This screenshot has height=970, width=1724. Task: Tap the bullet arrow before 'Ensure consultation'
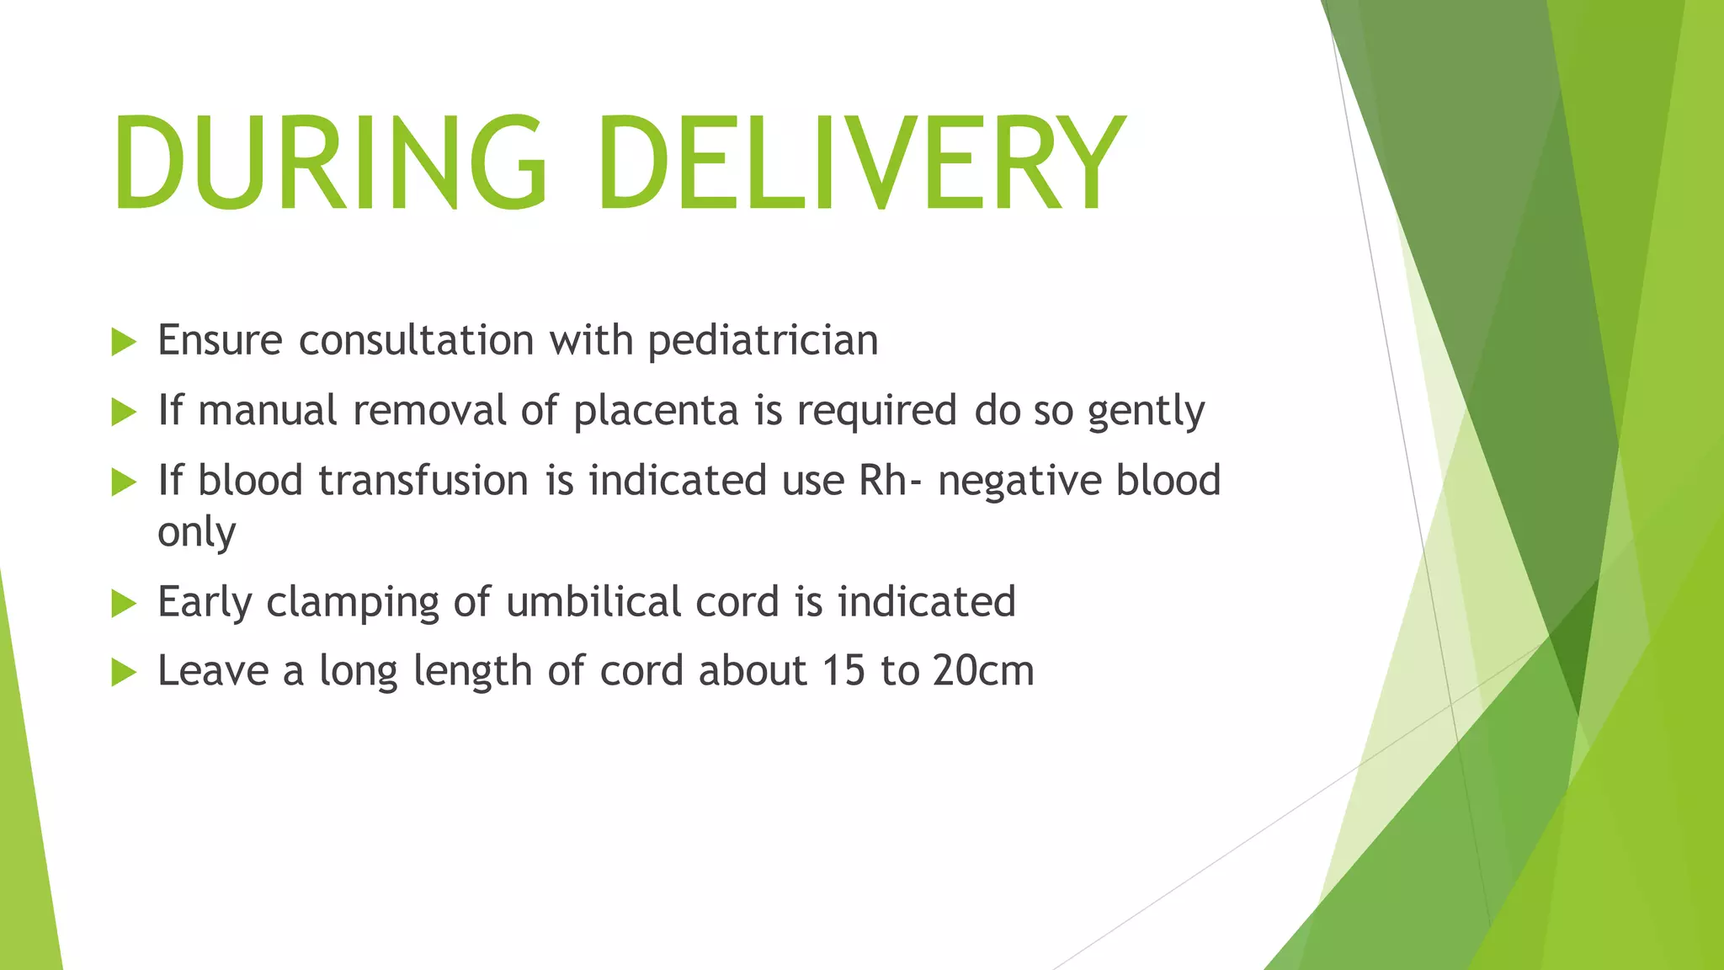point(123,343)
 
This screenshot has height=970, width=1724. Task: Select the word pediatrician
point(763,341)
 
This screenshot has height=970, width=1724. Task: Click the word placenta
point(656,411)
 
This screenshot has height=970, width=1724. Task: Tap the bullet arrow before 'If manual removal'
point(123,413)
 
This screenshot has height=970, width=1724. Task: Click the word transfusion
point(424,481)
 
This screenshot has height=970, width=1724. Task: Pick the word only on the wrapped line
point(196,533)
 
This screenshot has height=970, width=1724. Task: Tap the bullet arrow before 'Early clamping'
point(123,604)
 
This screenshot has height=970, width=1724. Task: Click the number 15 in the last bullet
point(843,671)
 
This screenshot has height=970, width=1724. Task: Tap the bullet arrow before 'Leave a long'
point(123,673)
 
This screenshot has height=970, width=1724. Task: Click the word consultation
point(416,341)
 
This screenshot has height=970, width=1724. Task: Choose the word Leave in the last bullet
point(212,671)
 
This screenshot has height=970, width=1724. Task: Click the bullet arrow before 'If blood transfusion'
point(123,482)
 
